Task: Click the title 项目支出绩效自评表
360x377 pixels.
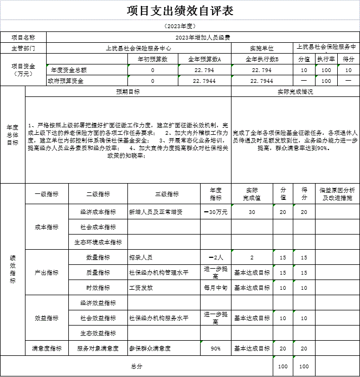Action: point(180,10)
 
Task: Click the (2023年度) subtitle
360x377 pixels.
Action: point(180,26)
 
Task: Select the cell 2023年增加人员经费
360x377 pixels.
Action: point(203,37)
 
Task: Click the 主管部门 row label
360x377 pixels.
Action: point(23,48)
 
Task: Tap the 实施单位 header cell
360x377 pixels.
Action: point(262,48)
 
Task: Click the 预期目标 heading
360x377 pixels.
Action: point(128,92)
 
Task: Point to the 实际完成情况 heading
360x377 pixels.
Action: point(295,92)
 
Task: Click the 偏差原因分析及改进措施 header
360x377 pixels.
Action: point(337,193)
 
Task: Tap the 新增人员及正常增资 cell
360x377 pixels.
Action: point(156,212)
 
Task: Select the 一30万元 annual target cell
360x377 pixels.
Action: point(216,212)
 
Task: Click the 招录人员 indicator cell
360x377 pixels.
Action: point(141,257)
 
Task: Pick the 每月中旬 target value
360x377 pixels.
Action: point(216,288)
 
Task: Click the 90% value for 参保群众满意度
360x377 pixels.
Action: point(216,348)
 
